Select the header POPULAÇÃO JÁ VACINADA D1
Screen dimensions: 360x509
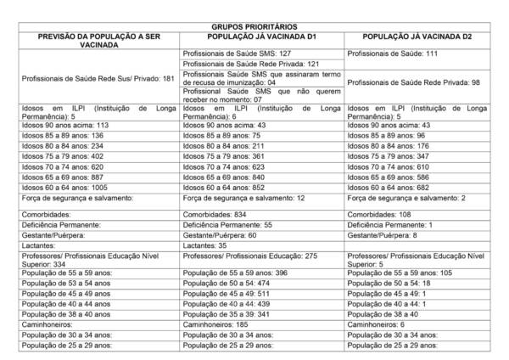click(262, 37)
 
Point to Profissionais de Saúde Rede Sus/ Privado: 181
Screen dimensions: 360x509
click(98, 78)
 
